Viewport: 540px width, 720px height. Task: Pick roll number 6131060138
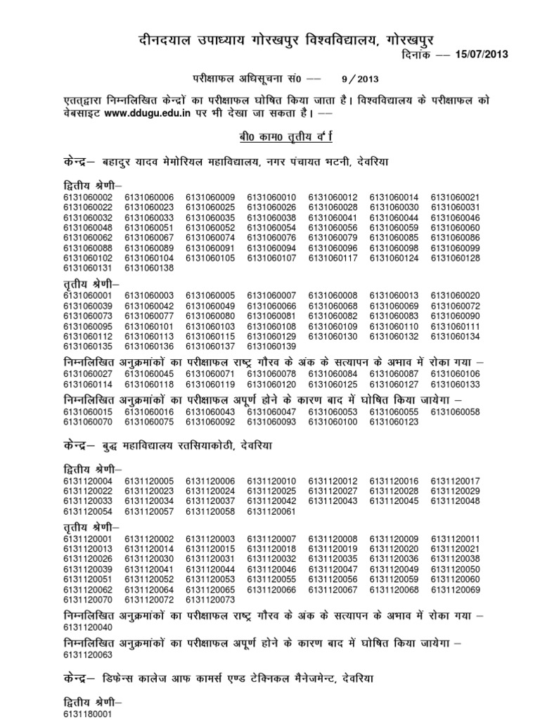(x=148, y=268)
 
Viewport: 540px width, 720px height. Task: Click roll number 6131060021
(x=455, y=198)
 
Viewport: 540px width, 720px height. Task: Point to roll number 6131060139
(x=271, y=347)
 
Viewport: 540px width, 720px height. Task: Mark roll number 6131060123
(x=394, y=422)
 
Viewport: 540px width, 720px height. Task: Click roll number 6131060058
(x=455, y=411)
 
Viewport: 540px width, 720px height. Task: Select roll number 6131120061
(x=271, y=511)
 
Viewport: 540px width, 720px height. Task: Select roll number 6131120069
(x=455, y=589)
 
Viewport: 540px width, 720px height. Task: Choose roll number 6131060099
(x=455, y=248)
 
